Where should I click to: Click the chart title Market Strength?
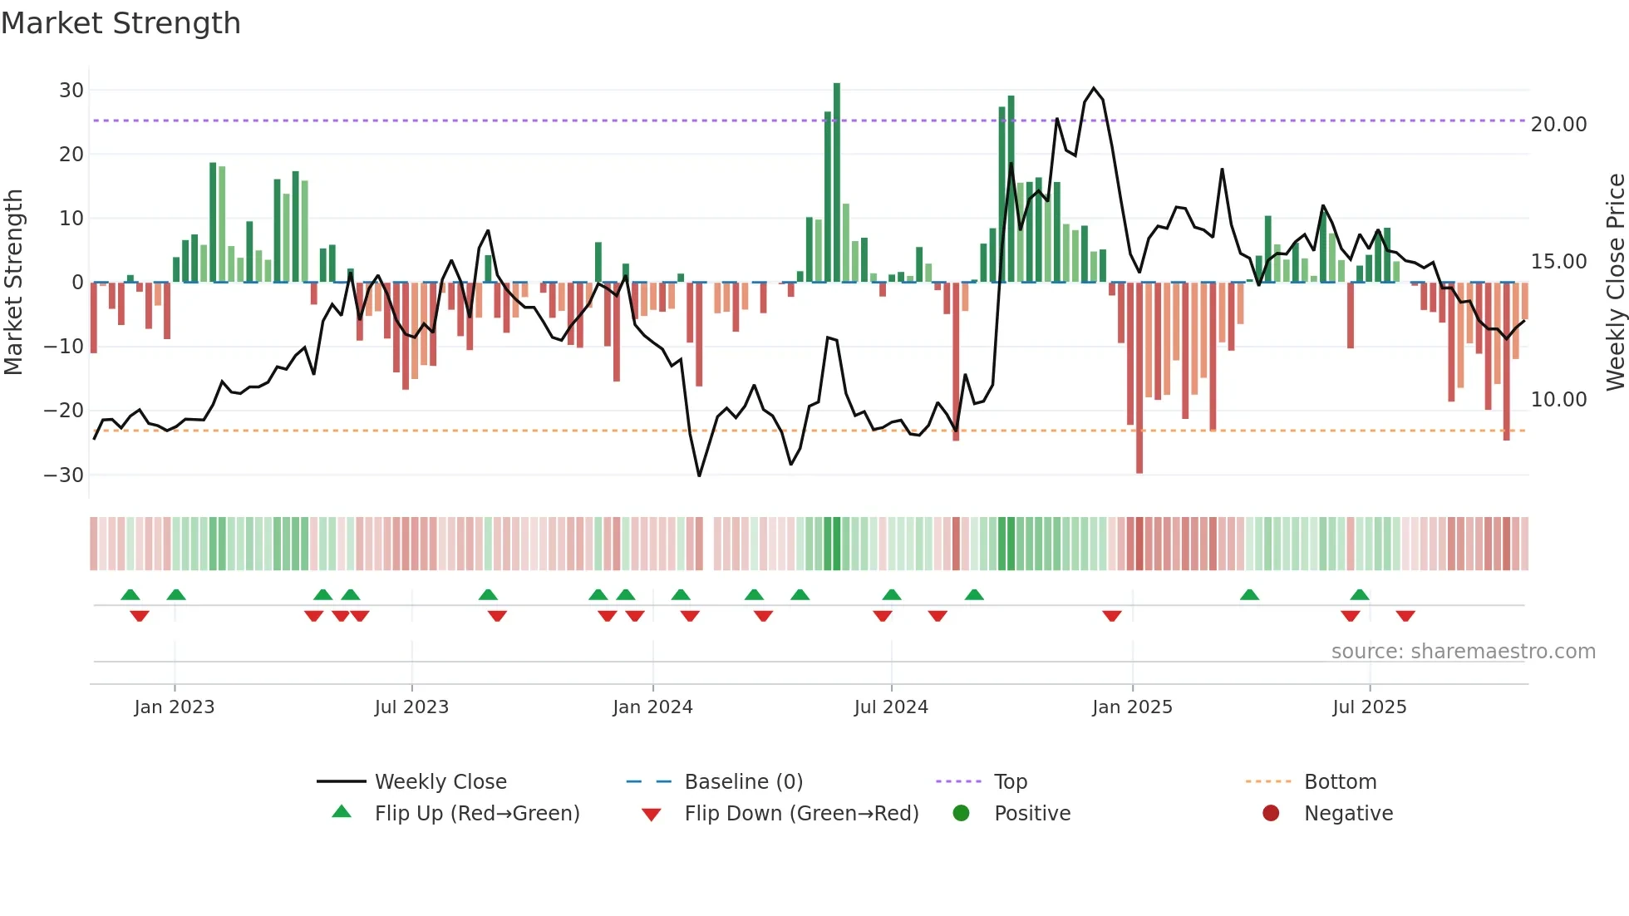(121, 23)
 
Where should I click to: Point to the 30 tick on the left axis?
(71, 90)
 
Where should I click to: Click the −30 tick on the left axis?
(64, 475)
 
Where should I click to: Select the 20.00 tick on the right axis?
(1558, 125)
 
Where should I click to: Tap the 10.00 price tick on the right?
(1558, 400)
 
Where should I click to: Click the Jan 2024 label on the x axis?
(652, 707)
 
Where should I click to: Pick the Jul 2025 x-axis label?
(1369, 707)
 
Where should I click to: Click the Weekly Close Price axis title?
(1615, 282)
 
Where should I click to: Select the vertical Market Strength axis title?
(14, 282)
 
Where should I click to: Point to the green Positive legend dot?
(962, 813)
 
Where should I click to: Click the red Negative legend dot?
(1271, 813)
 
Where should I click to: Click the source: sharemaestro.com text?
(1463, 652)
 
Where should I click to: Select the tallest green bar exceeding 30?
(837, 183)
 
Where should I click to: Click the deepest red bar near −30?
(1139, 378)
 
